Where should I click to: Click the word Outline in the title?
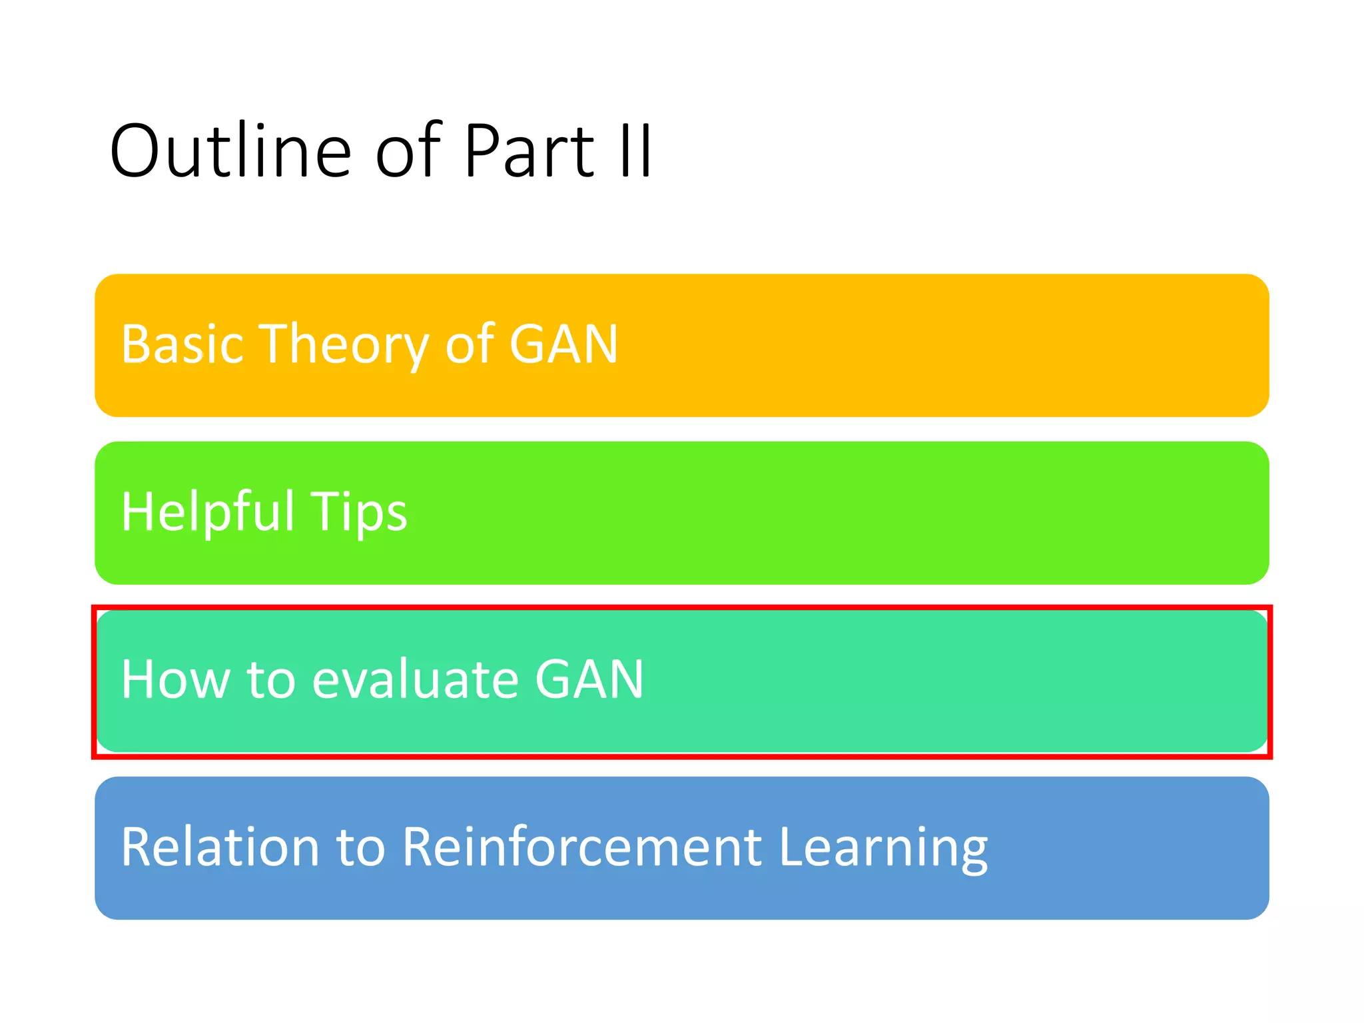(x=230, y=151)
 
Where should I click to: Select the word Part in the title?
(x=528, y=151)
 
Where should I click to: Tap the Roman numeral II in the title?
(x=635, y=151)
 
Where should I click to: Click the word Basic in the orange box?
(x=182, y=344)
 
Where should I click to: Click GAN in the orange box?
(x=563, y=344)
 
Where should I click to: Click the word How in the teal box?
(x=175, y=679)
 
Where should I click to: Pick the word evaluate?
(x=415, y=679)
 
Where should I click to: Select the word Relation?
(x=220, y=847)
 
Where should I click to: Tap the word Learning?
(x=883, y=849)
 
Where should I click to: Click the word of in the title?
(x=408, y=151)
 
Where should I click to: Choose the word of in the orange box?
(x=470, y=344)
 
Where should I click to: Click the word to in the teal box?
(x=271, y=679)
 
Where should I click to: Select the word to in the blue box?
(x=361, y=847)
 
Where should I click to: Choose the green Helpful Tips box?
(x=799, y=513)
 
